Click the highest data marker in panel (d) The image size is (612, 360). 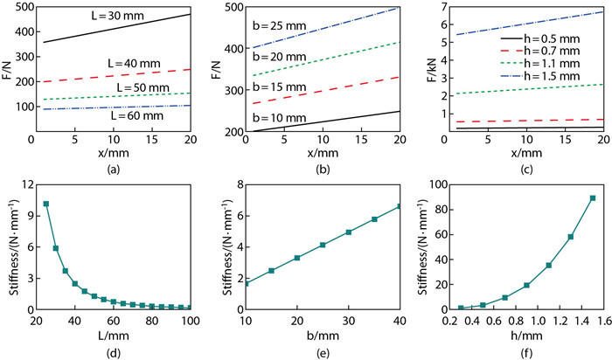point(45,204)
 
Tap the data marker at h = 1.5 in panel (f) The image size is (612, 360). point(592,197)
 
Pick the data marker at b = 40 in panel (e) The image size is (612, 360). point(400,206)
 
